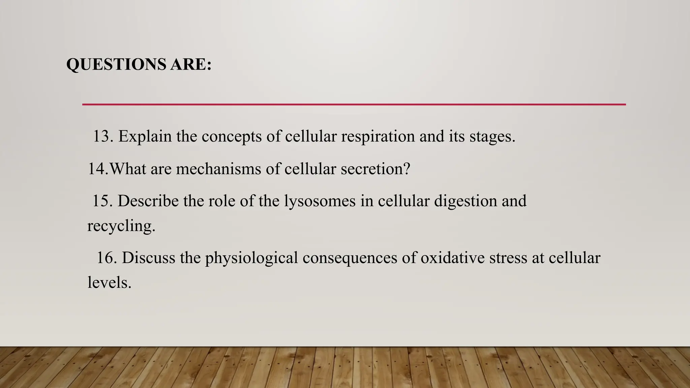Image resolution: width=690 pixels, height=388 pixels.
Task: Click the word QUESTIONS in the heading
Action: coord(116,64)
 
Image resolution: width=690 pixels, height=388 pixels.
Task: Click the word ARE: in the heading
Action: coord(191,64)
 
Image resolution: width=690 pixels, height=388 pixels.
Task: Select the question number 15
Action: coord(102,201)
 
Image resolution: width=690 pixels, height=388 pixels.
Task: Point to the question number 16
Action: coord(106,258)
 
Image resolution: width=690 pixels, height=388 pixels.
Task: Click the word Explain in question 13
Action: coord(145,136)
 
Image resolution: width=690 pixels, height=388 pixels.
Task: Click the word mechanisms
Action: coord(218,168)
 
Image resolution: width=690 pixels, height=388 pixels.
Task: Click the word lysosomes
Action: coord(320,201)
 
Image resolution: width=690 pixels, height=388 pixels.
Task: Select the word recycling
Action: coord(121,226)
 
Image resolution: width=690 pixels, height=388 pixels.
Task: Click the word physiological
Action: coord(251,258)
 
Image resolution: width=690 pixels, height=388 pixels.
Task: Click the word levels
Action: coord(109,282)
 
